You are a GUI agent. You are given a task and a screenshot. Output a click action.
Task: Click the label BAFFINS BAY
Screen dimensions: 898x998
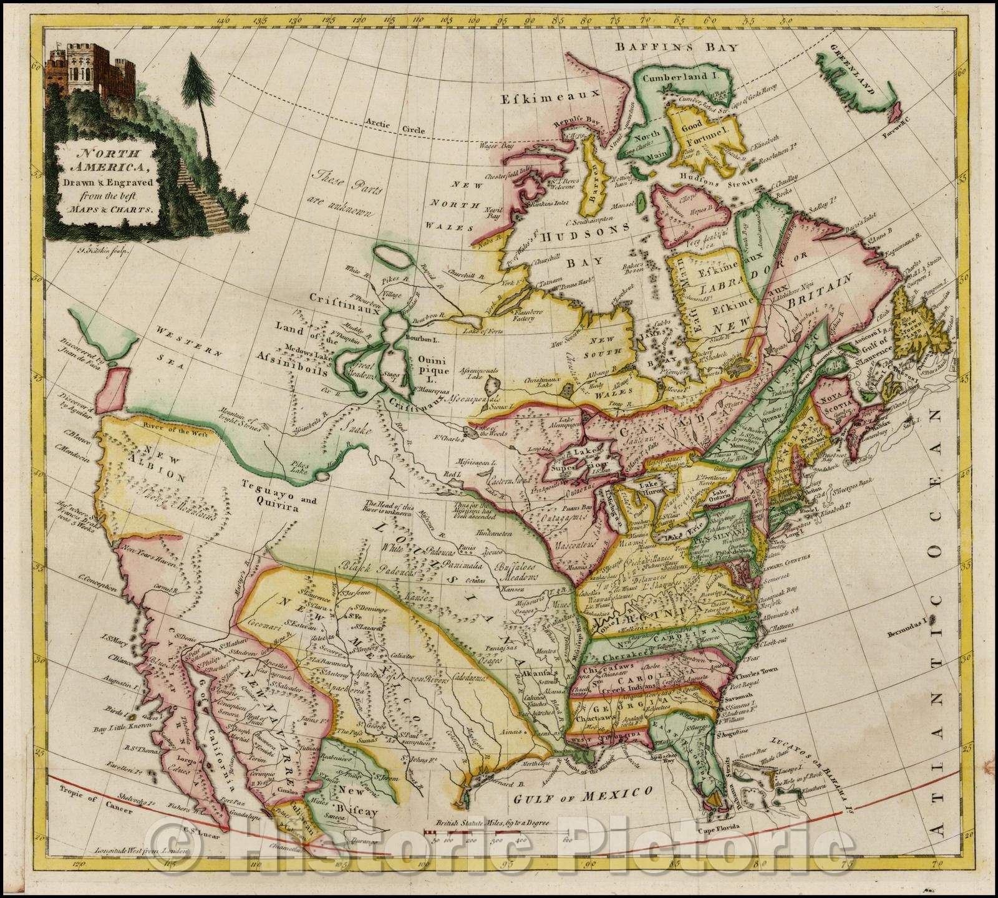click(676, 47)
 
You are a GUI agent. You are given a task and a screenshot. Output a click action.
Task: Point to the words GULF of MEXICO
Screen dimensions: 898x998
click(582, 794)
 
